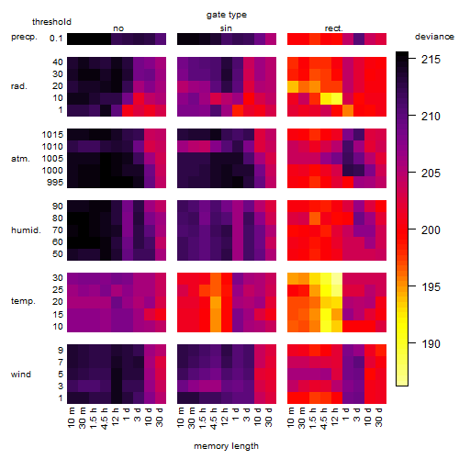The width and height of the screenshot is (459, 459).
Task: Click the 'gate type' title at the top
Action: coord(227,15)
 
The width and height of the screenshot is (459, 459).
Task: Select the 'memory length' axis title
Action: coord(226,446)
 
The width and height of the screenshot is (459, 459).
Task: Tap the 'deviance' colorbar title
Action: coord(434,37)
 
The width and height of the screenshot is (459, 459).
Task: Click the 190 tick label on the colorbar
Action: coord(431,344)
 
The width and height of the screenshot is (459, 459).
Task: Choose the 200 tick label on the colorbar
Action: coord(431,230)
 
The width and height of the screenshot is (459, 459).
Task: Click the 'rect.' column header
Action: coord(334,28)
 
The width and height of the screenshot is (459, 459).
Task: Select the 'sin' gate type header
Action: coord(226,28)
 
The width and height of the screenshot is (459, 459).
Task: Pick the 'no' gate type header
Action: coord(118,28)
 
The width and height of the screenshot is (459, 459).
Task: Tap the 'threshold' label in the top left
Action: coord(51,22)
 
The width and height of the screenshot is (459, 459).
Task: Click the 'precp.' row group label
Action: coord(24,38)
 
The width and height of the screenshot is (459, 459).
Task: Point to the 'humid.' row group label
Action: coord(26,230)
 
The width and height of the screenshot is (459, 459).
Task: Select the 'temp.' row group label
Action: coord(23,301)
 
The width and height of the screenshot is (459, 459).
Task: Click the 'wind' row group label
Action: coord(21,375)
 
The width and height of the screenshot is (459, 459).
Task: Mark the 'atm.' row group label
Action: coord(20,159)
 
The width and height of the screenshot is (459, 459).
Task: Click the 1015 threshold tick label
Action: coord(52,135)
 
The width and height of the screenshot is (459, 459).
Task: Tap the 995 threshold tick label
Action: coord(55,183)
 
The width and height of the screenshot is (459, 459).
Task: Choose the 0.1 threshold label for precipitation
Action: coord(56,39)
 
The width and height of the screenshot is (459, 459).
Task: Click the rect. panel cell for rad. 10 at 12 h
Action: coord(337,98)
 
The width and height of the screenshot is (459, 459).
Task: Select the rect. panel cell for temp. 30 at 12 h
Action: coord(337,278)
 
